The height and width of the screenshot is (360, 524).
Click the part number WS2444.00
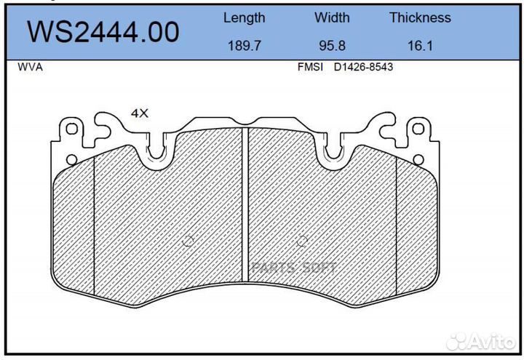coord(103,32)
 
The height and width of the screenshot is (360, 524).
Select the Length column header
coord(244,17)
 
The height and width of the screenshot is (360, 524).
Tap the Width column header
coord(332,17)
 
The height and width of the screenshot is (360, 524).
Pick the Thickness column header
coord(420,17)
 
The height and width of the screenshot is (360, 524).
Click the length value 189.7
coord(244,45)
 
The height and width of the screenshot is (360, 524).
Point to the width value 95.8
coord(332,45)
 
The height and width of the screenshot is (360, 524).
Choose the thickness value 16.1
coord(420,45)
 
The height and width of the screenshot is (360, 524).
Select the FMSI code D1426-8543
coord(364,67)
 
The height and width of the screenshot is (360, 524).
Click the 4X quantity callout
coord(139,113)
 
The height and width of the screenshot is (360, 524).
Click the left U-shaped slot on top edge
coord(157,149)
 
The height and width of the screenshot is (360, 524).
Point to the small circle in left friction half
coord(187,242)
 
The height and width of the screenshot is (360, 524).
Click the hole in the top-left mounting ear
coord(72,129)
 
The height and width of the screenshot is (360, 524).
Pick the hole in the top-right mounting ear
coord(418,129)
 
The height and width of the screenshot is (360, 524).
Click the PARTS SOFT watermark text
coord(295,268)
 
